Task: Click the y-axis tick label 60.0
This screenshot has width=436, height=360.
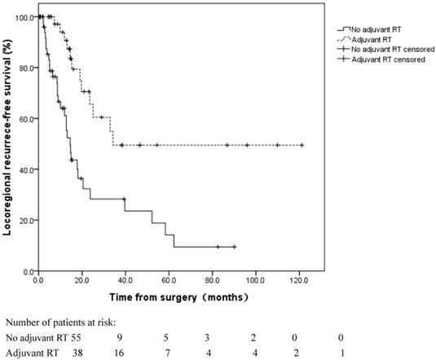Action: (x=24, y=119)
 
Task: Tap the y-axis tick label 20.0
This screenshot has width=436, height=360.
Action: (x=24, y=220)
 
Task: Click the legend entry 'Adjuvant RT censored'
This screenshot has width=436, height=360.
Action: (x=383, y=60)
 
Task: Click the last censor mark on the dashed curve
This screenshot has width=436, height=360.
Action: (x=302, y=145)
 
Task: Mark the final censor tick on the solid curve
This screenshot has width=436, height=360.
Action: (x=235, y=247)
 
